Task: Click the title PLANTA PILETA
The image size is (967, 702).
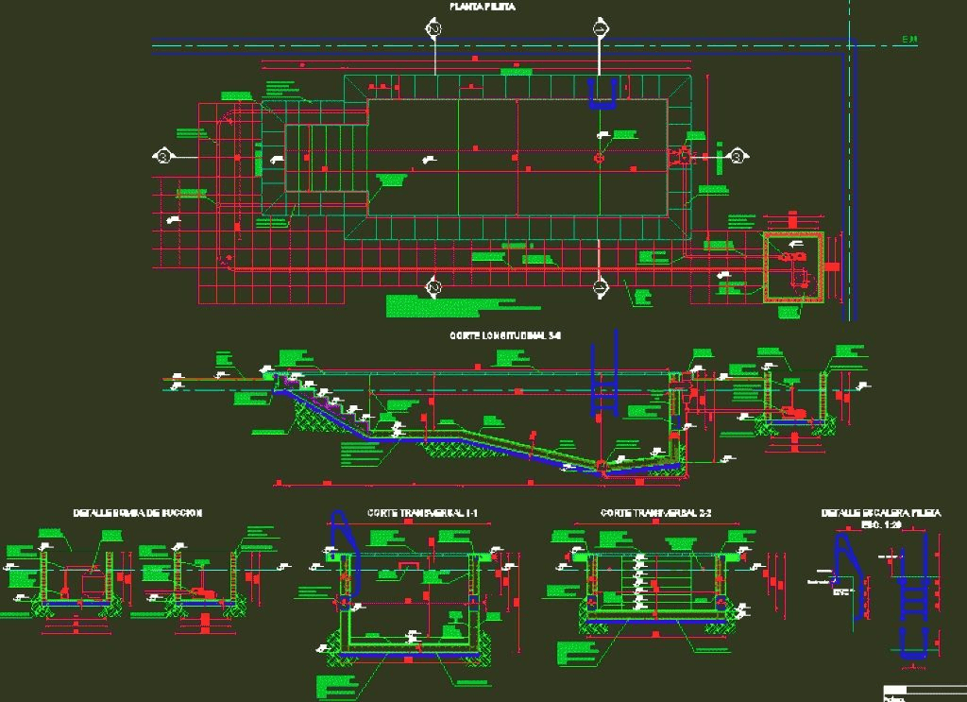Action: click(x=482, y=7)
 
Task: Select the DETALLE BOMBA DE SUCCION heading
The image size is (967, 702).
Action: click(x=138, y=512)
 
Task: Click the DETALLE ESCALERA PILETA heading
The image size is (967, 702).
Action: click(x=880, y=512)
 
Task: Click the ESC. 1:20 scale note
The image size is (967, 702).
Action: click(x=881, y=523)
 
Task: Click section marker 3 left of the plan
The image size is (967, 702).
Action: click(x=163, y=156)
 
